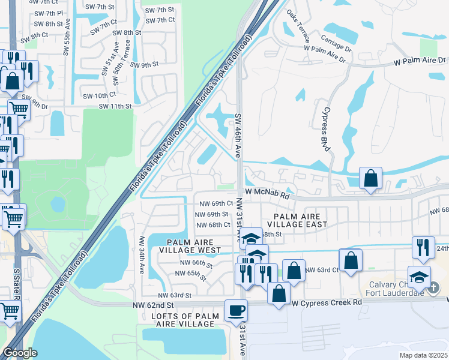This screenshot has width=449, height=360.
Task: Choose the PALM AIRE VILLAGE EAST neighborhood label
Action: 301,220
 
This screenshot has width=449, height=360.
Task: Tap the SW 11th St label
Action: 115,106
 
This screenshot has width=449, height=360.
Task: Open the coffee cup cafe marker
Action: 236,310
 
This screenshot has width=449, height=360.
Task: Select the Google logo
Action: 20,353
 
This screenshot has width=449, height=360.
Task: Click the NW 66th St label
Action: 198,264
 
